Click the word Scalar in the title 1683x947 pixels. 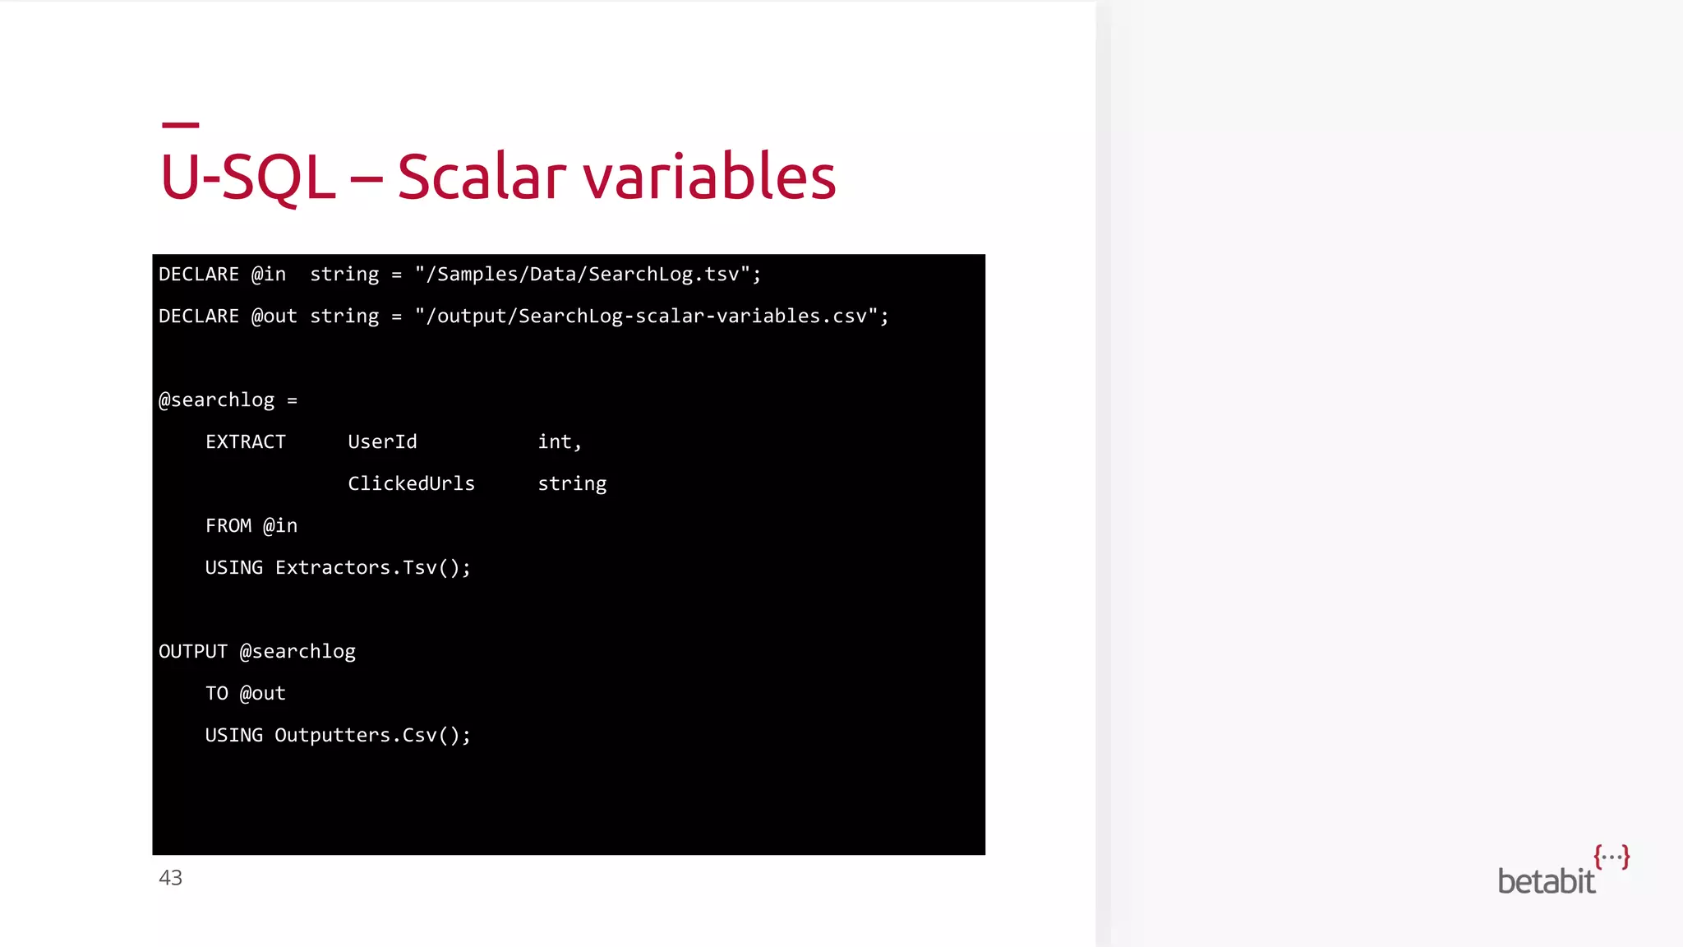482,177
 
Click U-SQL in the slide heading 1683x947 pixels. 247,177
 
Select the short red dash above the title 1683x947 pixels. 181,125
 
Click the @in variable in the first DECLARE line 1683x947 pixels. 269,275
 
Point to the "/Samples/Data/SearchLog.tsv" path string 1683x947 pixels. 588,275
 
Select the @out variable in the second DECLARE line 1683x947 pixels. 274,316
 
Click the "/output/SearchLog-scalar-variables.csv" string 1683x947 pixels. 652,316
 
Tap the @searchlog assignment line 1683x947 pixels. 228,400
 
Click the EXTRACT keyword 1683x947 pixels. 246,442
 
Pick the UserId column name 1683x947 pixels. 382,442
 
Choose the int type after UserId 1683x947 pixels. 559,442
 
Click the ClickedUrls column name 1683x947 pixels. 411,484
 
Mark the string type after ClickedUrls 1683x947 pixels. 572,484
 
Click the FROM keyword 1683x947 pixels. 228,526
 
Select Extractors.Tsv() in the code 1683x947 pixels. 372,568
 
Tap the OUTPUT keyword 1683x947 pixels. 193,652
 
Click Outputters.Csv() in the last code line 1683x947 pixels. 372,736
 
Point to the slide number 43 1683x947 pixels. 170,878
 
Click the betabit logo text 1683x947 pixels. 1546,881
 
